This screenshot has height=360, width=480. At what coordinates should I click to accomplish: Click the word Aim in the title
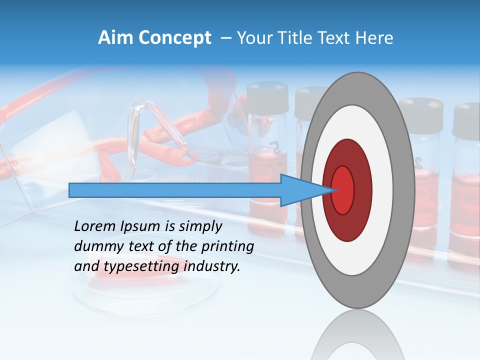(115, 38)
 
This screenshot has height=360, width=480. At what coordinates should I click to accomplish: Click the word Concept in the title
(174, 38)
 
